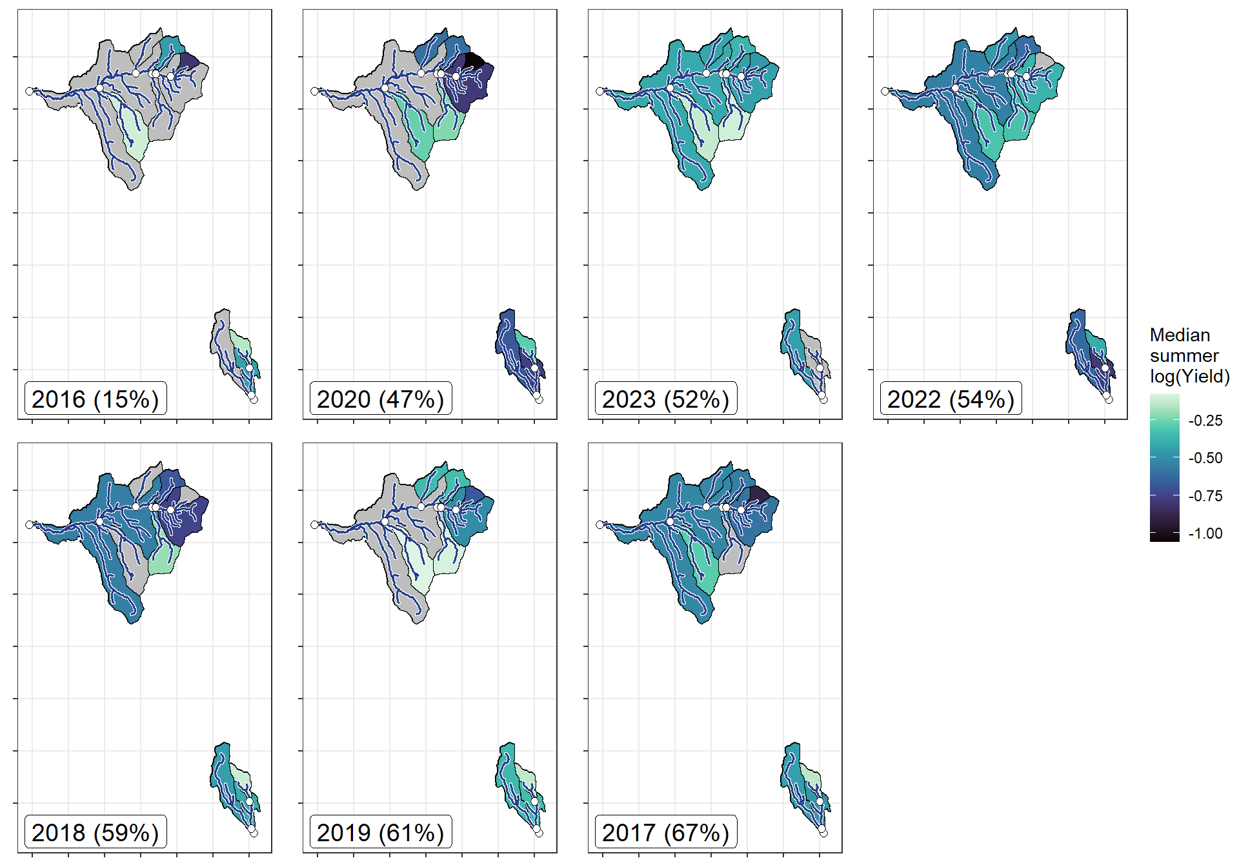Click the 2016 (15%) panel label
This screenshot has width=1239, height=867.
coord(96,399)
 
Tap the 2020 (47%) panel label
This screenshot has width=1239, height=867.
coord(381,399)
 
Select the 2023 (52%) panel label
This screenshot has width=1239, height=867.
coord(666,399)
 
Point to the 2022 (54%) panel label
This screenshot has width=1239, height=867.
coord(951,399)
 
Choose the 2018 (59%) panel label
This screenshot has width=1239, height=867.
coord(96,833)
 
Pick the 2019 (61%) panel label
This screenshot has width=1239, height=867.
coord(381,833)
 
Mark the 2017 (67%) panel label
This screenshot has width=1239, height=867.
coord(666,833)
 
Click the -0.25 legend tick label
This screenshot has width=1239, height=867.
coord(1205,421)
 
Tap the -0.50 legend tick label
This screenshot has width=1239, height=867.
coord(1205,458)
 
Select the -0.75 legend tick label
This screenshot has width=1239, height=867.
coord(1205,496)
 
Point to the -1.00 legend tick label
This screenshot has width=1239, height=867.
coord(1205,533)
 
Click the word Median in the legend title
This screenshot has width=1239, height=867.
coord(1180,335)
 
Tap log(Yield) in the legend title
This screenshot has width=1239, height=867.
coord(1189,376)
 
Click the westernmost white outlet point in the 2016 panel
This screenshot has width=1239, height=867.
coord(29,92)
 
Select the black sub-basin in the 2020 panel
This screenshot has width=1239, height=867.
coord(473,60)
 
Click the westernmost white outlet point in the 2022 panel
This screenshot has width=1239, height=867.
coord(885,92)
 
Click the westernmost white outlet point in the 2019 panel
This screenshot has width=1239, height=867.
coord(314,525)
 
